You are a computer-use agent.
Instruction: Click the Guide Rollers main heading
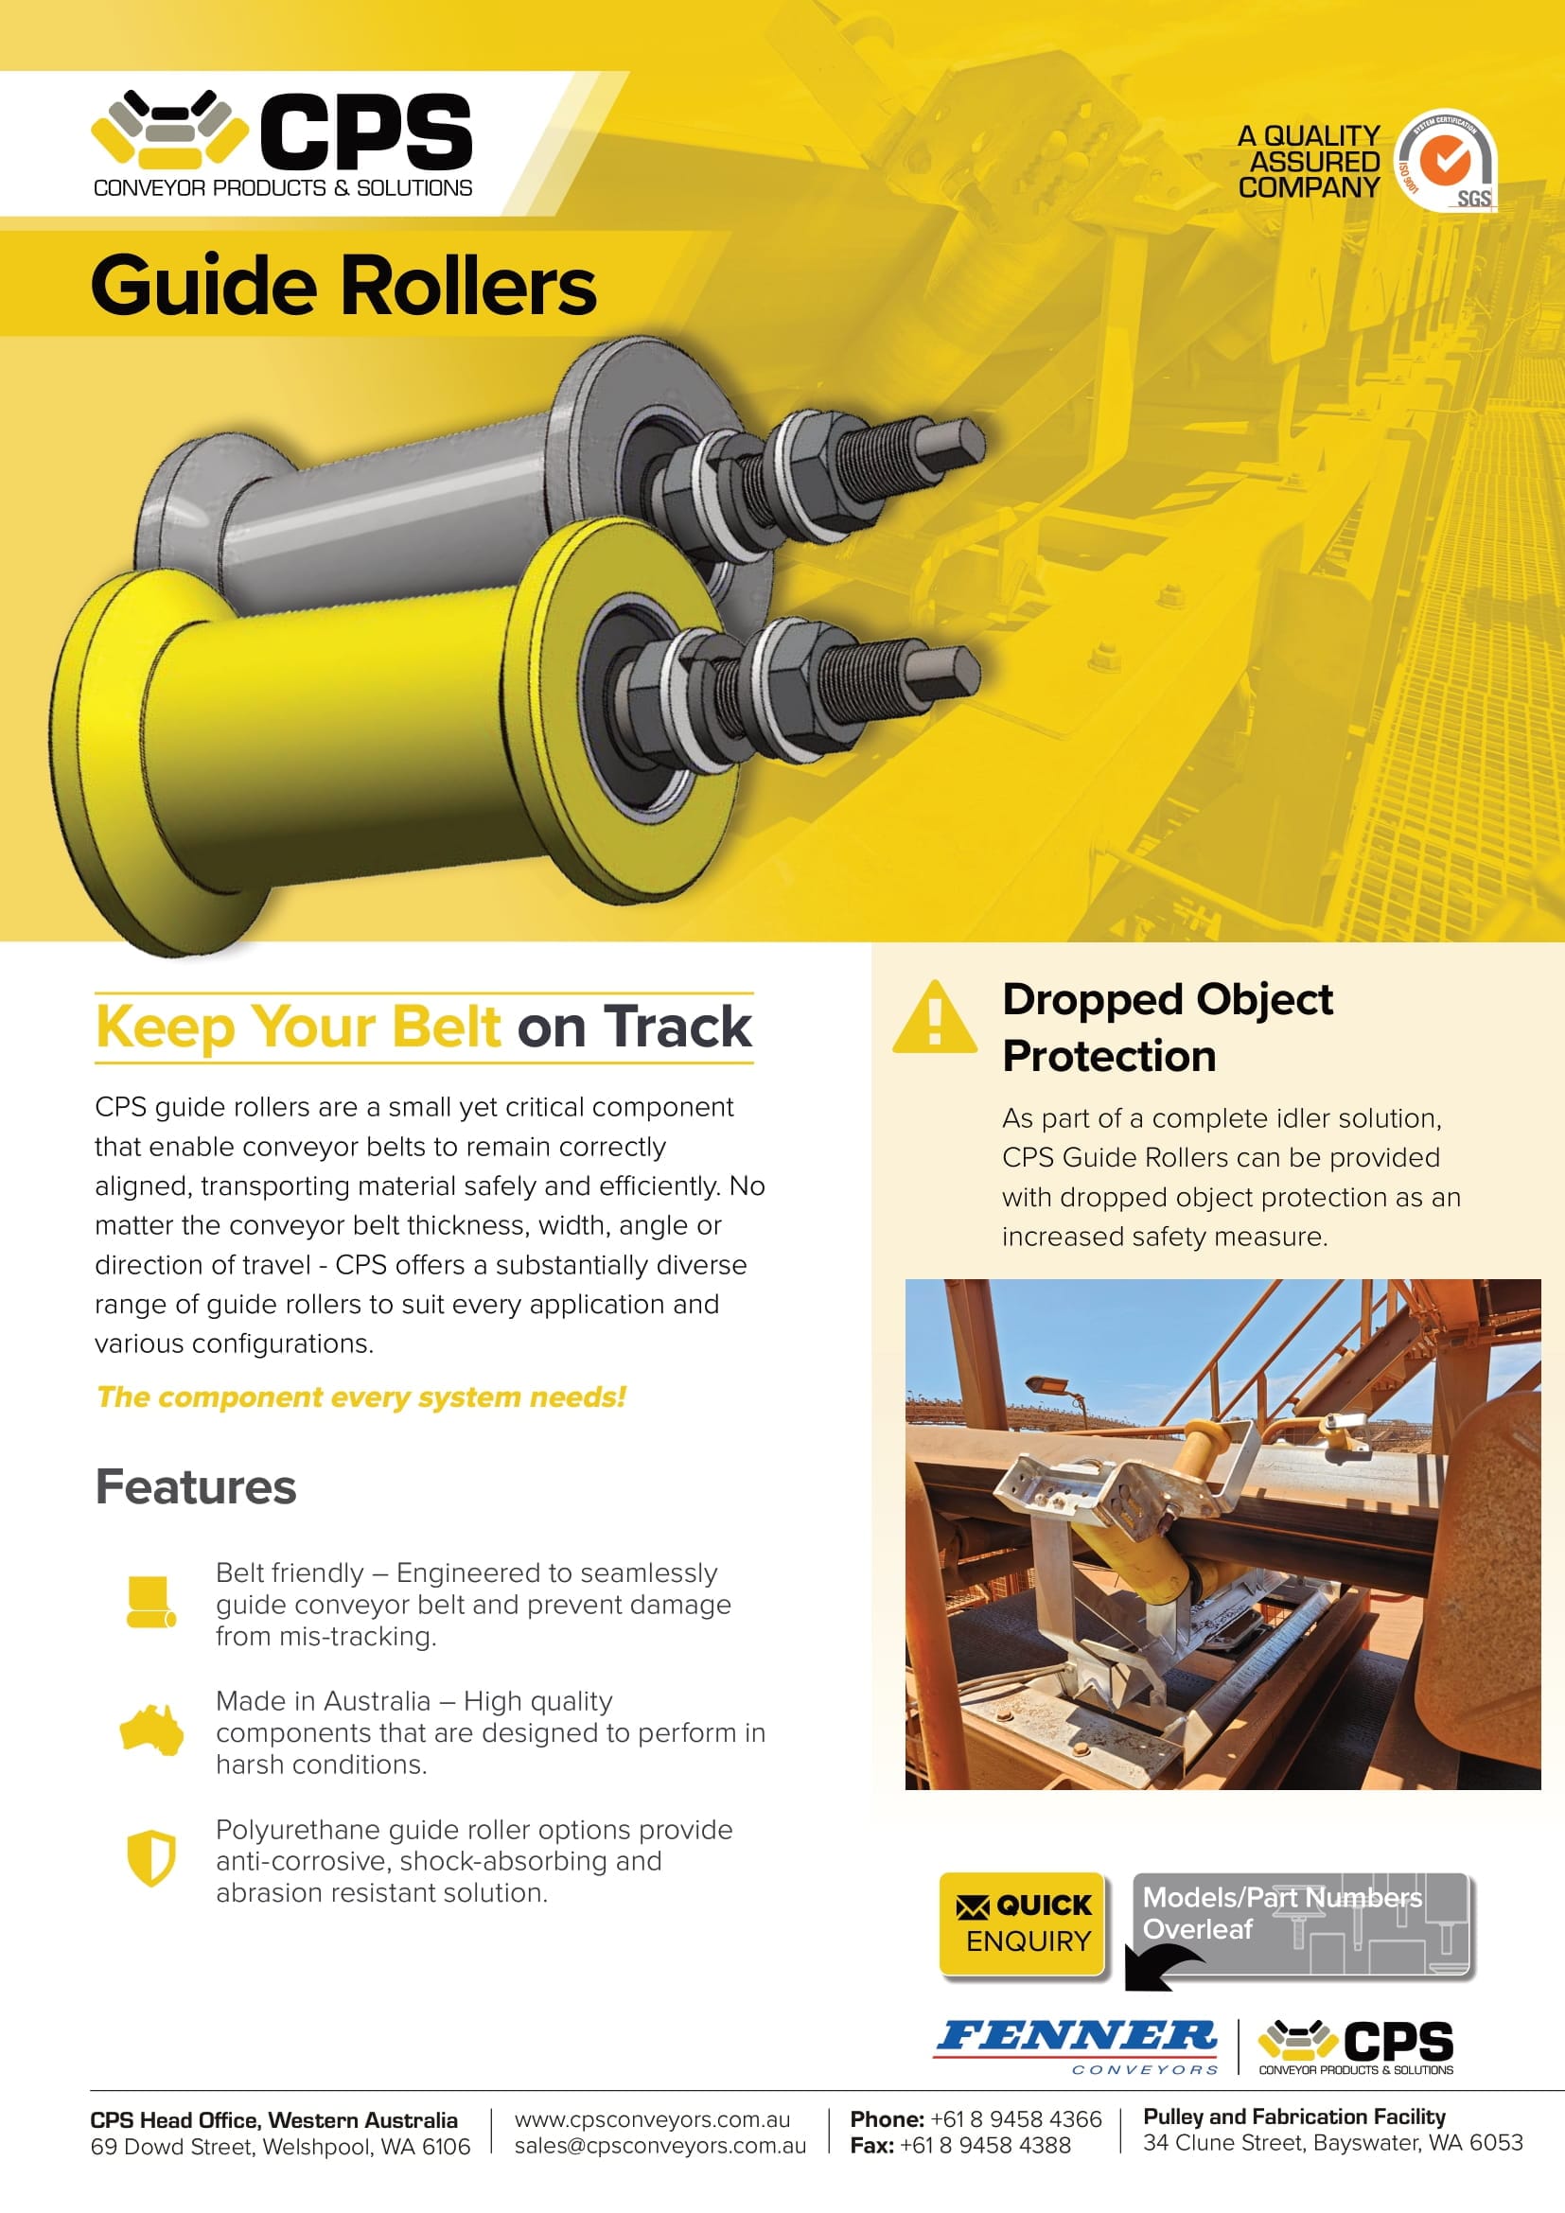[x=343, y=286]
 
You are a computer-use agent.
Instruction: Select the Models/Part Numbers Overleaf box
[x=1302, y=1924]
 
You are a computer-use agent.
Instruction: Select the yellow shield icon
[x=151, y=1856]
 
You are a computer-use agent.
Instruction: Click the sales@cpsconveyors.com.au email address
[x=660, y=2146]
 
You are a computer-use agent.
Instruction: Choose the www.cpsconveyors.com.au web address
[x=653, y=2119]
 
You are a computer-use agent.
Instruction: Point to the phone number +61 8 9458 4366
[x=1015, y=2118]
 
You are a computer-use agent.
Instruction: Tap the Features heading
[x=196, y=1486]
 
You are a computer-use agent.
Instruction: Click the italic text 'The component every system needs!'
[x=361, y=1396]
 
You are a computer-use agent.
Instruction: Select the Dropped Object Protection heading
[x=1167, y=1027]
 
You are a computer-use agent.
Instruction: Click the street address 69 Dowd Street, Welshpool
[x=280, y=2147]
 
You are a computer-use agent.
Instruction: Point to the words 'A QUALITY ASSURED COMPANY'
[x=1309, y=162]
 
